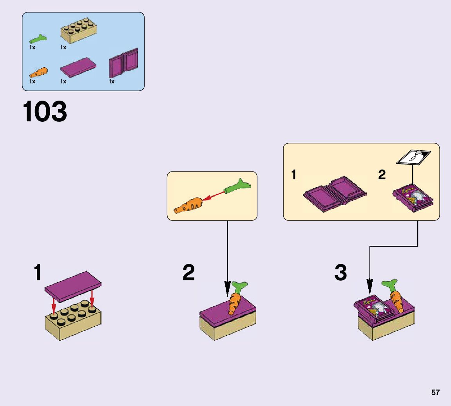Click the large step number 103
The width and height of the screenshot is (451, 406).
click(45, 112)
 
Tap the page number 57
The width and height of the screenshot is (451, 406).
click(435, 393)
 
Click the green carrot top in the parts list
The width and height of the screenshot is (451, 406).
click(38, 39)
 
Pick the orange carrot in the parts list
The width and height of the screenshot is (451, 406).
click(38, 73)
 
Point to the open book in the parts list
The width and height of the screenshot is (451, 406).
click(123, 63)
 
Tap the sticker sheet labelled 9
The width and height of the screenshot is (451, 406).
click(413, 158)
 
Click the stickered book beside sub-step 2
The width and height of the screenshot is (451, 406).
click(413, 198)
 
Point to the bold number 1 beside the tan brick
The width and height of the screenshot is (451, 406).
click(38, 273)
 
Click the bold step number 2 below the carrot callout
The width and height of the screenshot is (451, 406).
click(188, 273)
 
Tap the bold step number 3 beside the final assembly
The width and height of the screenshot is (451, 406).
click(341, 273)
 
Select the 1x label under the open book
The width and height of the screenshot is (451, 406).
click(112, 81)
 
